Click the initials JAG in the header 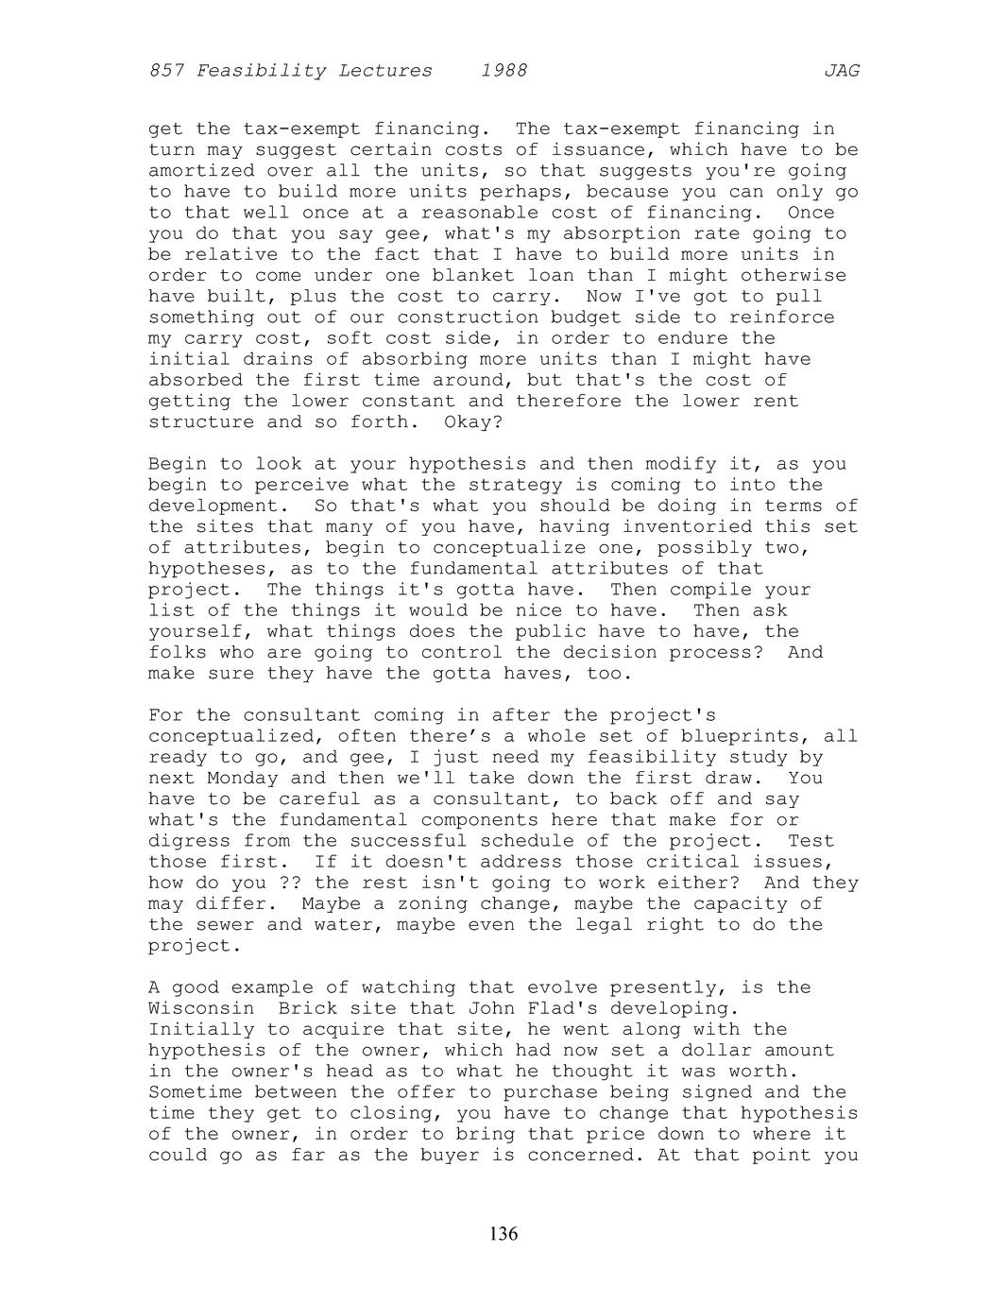[x=841, y=71]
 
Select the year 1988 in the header [x=503, y=71]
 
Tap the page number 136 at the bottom [x=503, y=1233]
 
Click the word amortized [x=201, y=171]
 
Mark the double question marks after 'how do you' [x=290, y=883]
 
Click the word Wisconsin [x=201, y=1008]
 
